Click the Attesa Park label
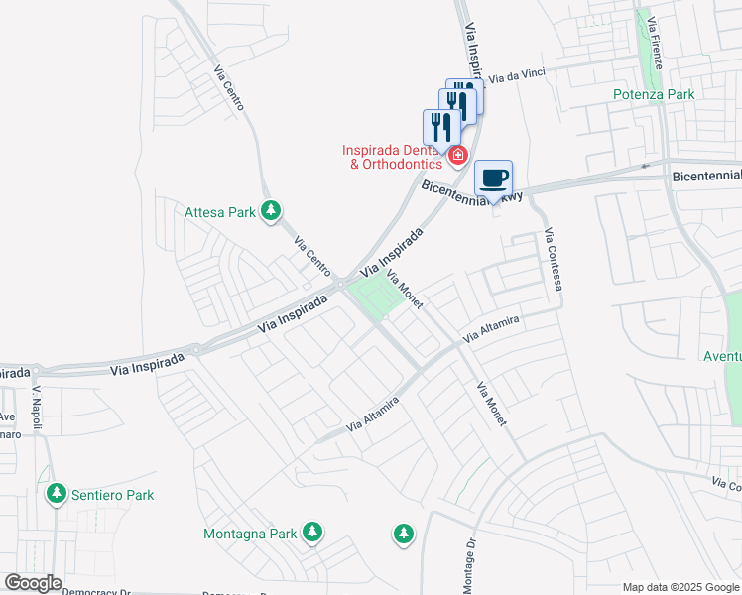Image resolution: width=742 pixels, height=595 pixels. click(x=220, y=211)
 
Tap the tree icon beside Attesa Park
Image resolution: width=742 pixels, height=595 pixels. click(x=270, y=210)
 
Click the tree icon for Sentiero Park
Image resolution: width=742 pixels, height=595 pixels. click(x=57, y=493)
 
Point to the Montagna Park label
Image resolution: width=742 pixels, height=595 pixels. click(x=250, y=534)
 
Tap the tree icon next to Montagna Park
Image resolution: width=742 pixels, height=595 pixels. click(x=312, y=533)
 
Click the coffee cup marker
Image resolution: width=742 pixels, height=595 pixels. click(x=493, y=179)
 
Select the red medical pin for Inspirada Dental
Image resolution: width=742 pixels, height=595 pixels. click(x=457, y=155)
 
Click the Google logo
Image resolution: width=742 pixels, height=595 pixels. click(x=33, y=583)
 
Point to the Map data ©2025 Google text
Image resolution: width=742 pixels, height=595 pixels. click(x=680, y=587)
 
